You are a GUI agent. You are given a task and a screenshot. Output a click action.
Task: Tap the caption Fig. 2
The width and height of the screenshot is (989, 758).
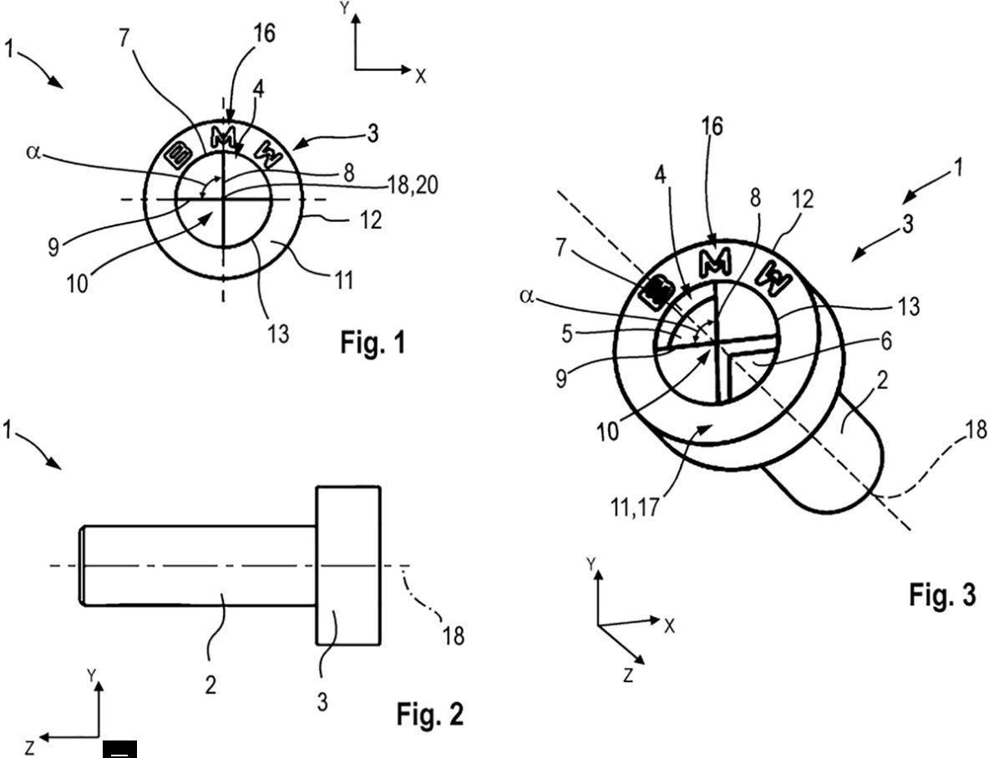(x=429, y=714)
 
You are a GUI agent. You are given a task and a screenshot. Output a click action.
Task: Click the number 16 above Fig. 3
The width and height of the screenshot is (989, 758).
(x=713, y=127)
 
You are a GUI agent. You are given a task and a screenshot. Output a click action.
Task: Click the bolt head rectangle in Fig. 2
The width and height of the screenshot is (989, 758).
(x=347, y=565)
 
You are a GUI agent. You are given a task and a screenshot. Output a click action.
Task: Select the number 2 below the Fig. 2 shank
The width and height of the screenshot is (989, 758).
(x=210, y=685)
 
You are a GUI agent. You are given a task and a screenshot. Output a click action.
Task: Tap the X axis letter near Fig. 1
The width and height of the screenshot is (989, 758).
(x=420, y=76)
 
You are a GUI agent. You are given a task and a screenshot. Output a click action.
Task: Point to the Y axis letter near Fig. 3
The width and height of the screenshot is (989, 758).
(x=591, y=565)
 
